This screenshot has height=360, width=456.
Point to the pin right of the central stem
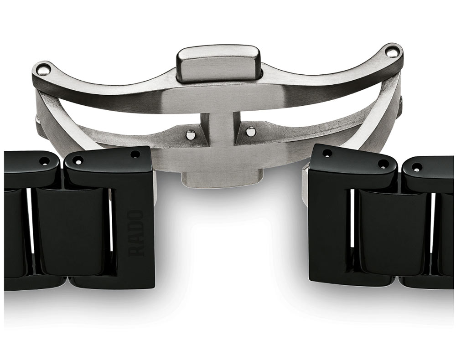(x=249, y=132)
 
